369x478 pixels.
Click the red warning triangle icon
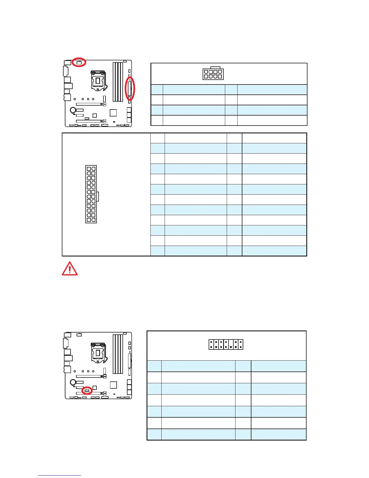point(70,269)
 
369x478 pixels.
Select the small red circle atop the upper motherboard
point(79,62)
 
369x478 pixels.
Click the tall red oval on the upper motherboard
point(130,89)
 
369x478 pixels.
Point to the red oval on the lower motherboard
point(87,390)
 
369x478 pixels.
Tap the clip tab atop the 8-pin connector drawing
point(213,68)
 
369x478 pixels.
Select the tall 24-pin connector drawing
point(91,194)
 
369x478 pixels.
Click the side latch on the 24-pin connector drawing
point(98,197)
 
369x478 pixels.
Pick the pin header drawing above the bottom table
point(226,345)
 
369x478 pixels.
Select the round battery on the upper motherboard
point(73,110)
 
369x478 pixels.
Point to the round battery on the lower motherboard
point(73,382)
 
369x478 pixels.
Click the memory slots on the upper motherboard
point(118,81)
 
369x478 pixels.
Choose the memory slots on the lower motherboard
point(118,354)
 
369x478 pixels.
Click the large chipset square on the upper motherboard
point(113,113)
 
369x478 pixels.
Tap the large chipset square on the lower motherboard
point(113,385)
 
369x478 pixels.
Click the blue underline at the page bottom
point(60,476)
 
